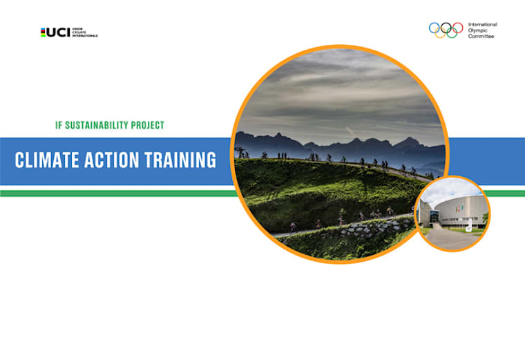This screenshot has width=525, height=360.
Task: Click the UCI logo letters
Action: pyautogui.click(x=59, y=32)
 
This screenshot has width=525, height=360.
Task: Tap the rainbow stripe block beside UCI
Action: pyautogui.click(x=44, y=32)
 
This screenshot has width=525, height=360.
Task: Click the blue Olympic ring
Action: pyautogui.click(x=435, y=28)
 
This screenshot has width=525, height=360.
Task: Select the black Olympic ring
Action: pyautogui.click(x=446, y=28)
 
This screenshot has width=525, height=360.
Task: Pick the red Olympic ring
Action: pyautogui.click(x=458, y=28)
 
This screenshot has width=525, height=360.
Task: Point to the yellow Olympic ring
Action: pyautogui.click(x=441, y=33)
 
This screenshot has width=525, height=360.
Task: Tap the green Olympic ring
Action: pyautogui.click(x=452, y=33)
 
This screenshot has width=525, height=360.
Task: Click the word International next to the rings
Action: pyautogui.click(x=483, y=24)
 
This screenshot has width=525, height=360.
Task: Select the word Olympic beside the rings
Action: pyautogui.click(x=478, y=30)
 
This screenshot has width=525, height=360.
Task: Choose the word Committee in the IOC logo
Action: pyautogui.click(x=482, y=37)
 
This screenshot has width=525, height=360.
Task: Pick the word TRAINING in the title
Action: pyautogui.click(x=180, y=160)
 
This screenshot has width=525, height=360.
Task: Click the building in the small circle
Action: pyautogui.click(x=456, y=211)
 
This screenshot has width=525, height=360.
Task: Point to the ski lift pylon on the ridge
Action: pyautogui.click(x=240, y=153)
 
